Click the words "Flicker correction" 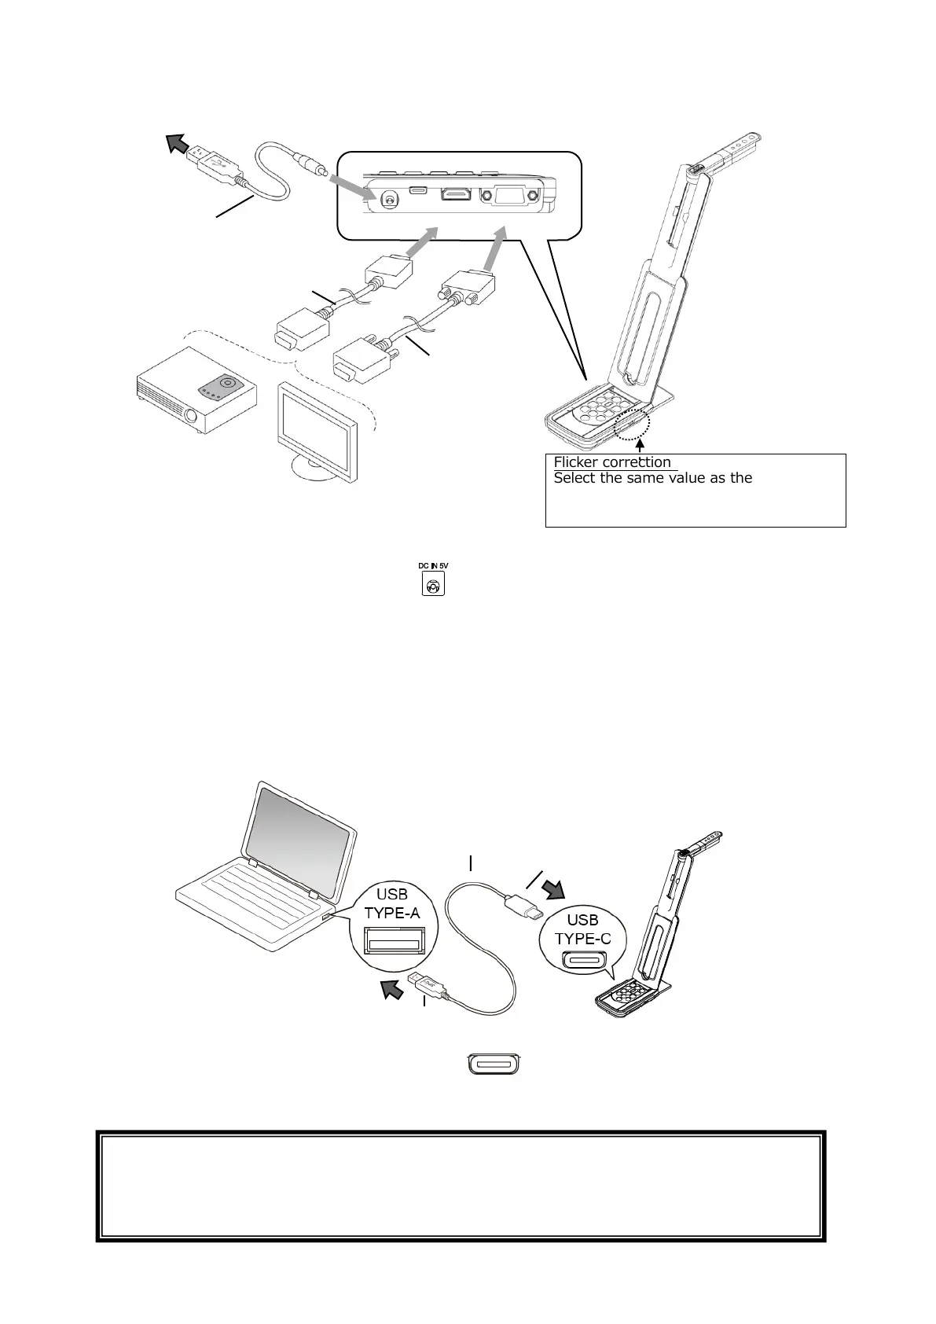point(612,462)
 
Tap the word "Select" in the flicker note point(574,478)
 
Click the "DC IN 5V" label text point(433,566)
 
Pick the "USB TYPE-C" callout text point(582,929)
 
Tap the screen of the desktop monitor point(314,425)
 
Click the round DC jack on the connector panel point(386,199)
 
